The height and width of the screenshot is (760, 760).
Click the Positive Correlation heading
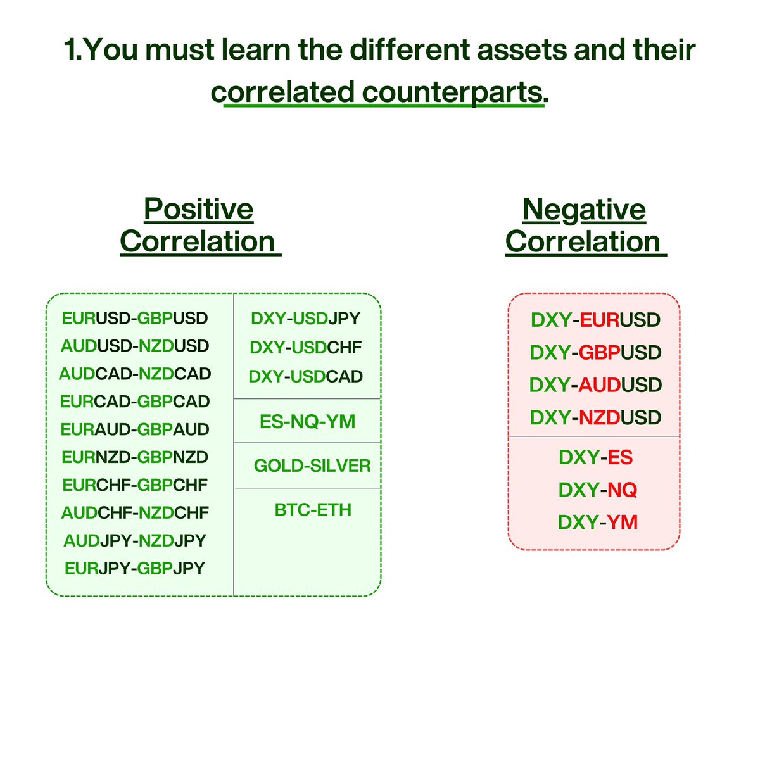click(199, 225)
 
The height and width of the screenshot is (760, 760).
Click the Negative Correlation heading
click(584, 225)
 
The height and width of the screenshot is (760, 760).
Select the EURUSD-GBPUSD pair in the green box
click(135, 318)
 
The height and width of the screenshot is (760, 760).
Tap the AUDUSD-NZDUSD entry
click(135, 346)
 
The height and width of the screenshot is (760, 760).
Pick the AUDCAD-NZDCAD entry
click(135, 374)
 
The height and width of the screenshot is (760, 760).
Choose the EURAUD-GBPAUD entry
click(135, 429)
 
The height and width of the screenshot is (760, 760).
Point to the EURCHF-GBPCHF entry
click(135, 485)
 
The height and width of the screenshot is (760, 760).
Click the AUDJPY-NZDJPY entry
click(135, 540)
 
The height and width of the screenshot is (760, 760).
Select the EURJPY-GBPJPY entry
click(135, 568)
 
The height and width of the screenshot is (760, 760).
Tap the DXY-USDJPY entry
click(306, 318)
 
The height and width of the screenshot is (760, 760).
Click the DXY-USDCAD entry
click(306, 376)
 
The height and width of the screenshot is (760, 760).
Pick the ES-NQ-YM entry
click(307, 421)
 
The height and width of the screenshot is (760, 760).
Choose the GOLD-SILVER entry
click(312, 466)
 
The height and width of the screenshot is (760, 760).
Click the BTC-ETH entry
click(313, 510)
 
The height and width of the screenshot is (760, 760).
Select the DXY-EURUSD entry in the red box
click(595, 320)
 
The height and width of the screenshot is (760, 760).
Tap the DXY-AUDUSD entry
click(595, 385)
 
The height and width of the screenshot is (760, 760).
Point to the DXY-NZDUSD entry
click(595, 417)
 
